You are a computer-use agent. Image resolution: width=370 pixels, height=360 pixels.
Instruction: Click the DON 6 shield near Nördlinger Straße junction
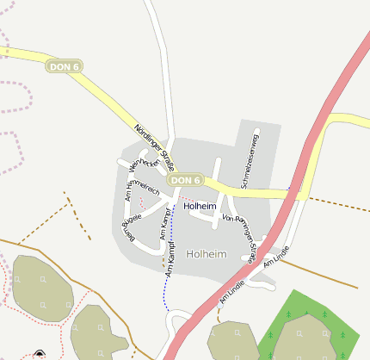click(x=185, y=180)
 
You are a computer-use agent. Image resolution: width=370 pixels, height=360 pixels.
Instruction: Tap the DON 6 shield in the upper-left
click(x=65, y=66)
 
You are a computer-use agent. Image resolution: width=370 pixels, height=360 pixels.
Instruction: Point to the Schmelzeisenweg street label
click(x=250, y=159)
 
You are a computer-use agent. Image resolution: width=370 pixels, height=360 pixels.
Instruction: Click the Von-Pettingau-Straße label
click(x=241, y=238)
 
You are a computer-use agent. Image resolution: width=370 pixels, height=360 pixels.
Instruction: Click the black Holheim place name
click(x=200, y=207)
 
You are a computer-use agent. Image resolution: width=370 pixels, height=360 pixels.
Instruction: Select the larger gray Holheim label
click(x=207, y=254)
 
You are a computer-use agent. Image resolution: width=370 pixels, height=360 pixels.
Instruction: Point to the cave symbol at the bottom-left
click(x=39, y=355)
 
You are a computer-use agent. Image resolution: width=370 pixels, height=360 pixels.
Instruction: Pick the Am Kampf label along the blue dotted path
click(x=171, y=259)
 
